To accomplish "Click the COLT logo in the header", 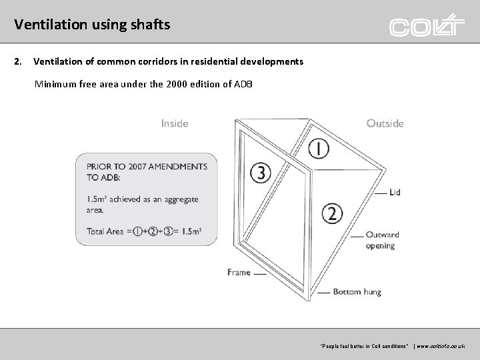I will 426,26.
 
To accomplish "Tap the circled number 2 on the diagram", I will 333,213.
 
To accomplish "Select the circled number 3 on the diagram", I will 260,173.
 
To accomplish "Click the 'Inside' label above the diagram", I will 175,123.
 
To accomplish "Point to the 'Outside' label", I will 385,123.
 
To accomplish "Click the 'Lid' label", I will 395,193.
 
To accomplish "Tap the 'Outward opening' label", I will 382,240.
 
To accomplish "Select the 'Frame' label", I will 239,272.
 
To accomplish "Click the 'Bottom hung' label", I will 356,292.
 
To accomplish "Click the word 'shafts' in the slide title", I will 149,25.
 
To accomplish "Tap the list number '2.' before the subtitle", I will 18,61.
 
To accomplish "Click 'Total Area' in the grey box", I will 104,231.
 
